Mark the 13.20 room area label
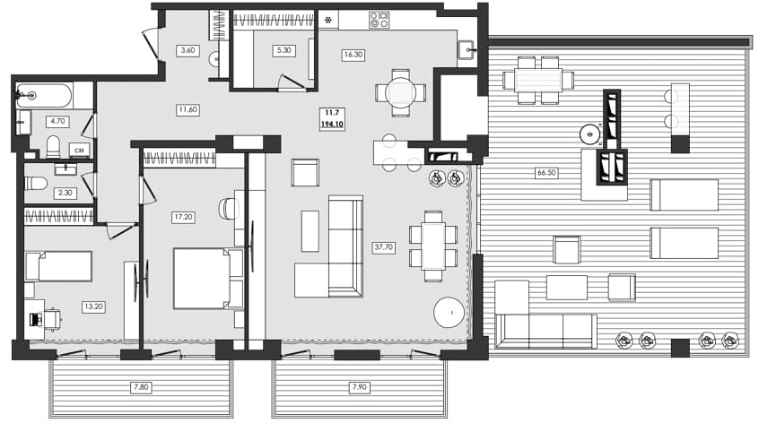pos(93,306)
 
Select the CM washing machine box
pos(79,150)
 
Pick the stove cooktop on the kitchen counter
pos(379,19)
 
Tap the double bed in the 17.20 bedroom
pos(206,278)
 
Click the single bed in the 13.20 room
pos(59,266)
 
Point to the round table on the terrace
pos(590,134)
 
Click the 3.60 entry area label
pos(188,50)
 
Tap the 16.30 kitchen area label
pos(353,54)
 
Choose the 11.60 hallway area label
pos(188,109)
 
